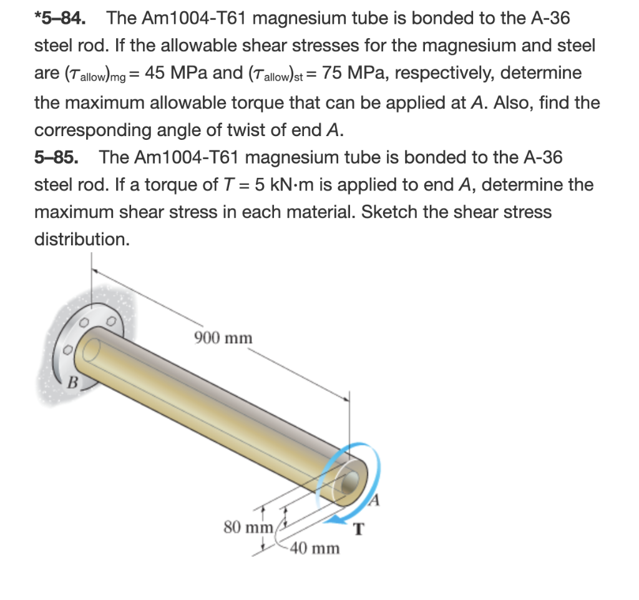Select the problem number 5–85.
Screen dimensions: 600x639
56,157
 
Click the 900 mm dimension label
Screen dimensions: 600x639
223,338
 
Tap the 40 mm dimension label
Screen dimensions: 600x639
315,549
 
